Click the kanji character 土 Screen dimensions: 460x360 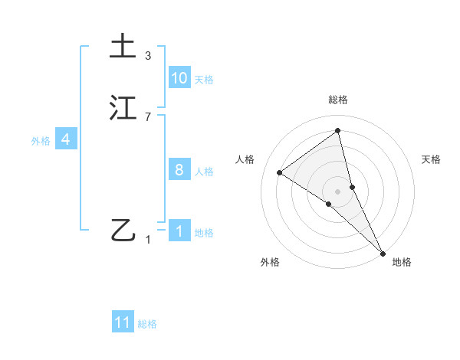click(123, 46)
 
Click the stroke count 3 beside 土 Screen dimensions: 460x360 click(148, 56)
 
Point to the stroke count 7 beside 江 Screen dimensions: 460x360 click(148, 116)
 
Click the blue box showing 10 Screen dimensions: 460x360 click(179, 78)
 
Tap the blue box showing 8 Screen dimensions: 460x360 click(179, 170)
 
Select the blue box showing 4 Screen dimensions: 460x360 click(66, 139)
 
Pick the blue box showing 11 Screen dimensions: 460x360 click(123, 322)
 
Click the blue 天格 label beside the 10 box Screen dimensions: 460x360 click(204, 80)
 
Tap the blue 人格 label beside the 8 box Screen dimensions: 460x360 click(204, 172)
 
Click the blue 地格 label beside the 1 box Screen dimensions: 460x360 click(204, 233)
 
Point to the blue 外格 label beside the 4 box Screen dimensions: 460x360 click(41, 141)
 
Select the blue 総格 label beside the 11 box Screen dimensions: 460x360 click(147, 324)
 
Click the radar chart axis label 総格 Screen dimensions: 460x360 click(338, 100)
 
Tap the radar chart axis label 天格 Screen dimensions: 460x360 click(432, 159)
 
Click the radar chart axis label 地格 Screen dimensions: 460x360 click(402, 263)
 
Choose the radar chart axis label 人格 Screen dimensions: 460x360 click(245, 159)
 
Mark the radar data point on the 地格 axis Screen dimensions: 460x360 click(383, 252)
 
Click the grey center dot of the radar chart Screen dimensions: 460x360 click(338, 190)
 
